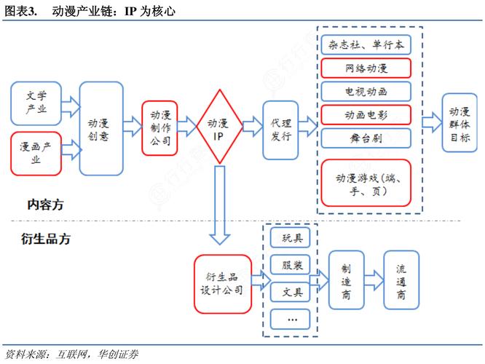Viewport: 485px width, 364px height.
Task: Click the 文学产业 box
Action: pyautogui.click(x=36, y=103)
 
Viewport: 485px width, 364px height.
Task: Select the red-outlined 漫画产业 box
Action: pyautogui.click(x=36, y=153)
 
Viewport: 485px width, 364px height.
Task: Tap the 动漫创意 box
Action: pyautogui.click(x=101, y=128)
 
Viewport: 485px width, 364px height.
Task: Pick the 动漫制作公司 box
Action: pyautogui.click(x=160, y=128)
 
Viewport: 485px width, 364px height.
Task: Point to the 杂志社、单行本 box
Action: pyautogui.click(x=365, y=46)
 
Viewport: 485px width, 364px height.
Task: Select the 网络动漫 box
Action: pyautogui.click(x=365, y=69)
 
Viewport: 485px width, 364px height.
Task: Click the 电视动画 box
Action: pyautogui.click(x=365, y=92)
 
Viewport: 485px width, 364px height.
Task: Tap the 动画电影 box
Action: pyautogui.click(x=365, y=115)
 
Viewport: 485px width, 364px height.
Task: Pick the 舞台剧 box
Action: pyautogui.click(x=365, y=138)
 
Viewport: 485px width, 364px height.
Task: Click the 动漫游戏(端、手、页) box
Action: pyautogui.click(x=365, y=182)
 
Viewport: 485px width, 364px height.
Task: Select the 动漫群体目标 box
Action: pyautogui.click(x=460, y=122)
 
